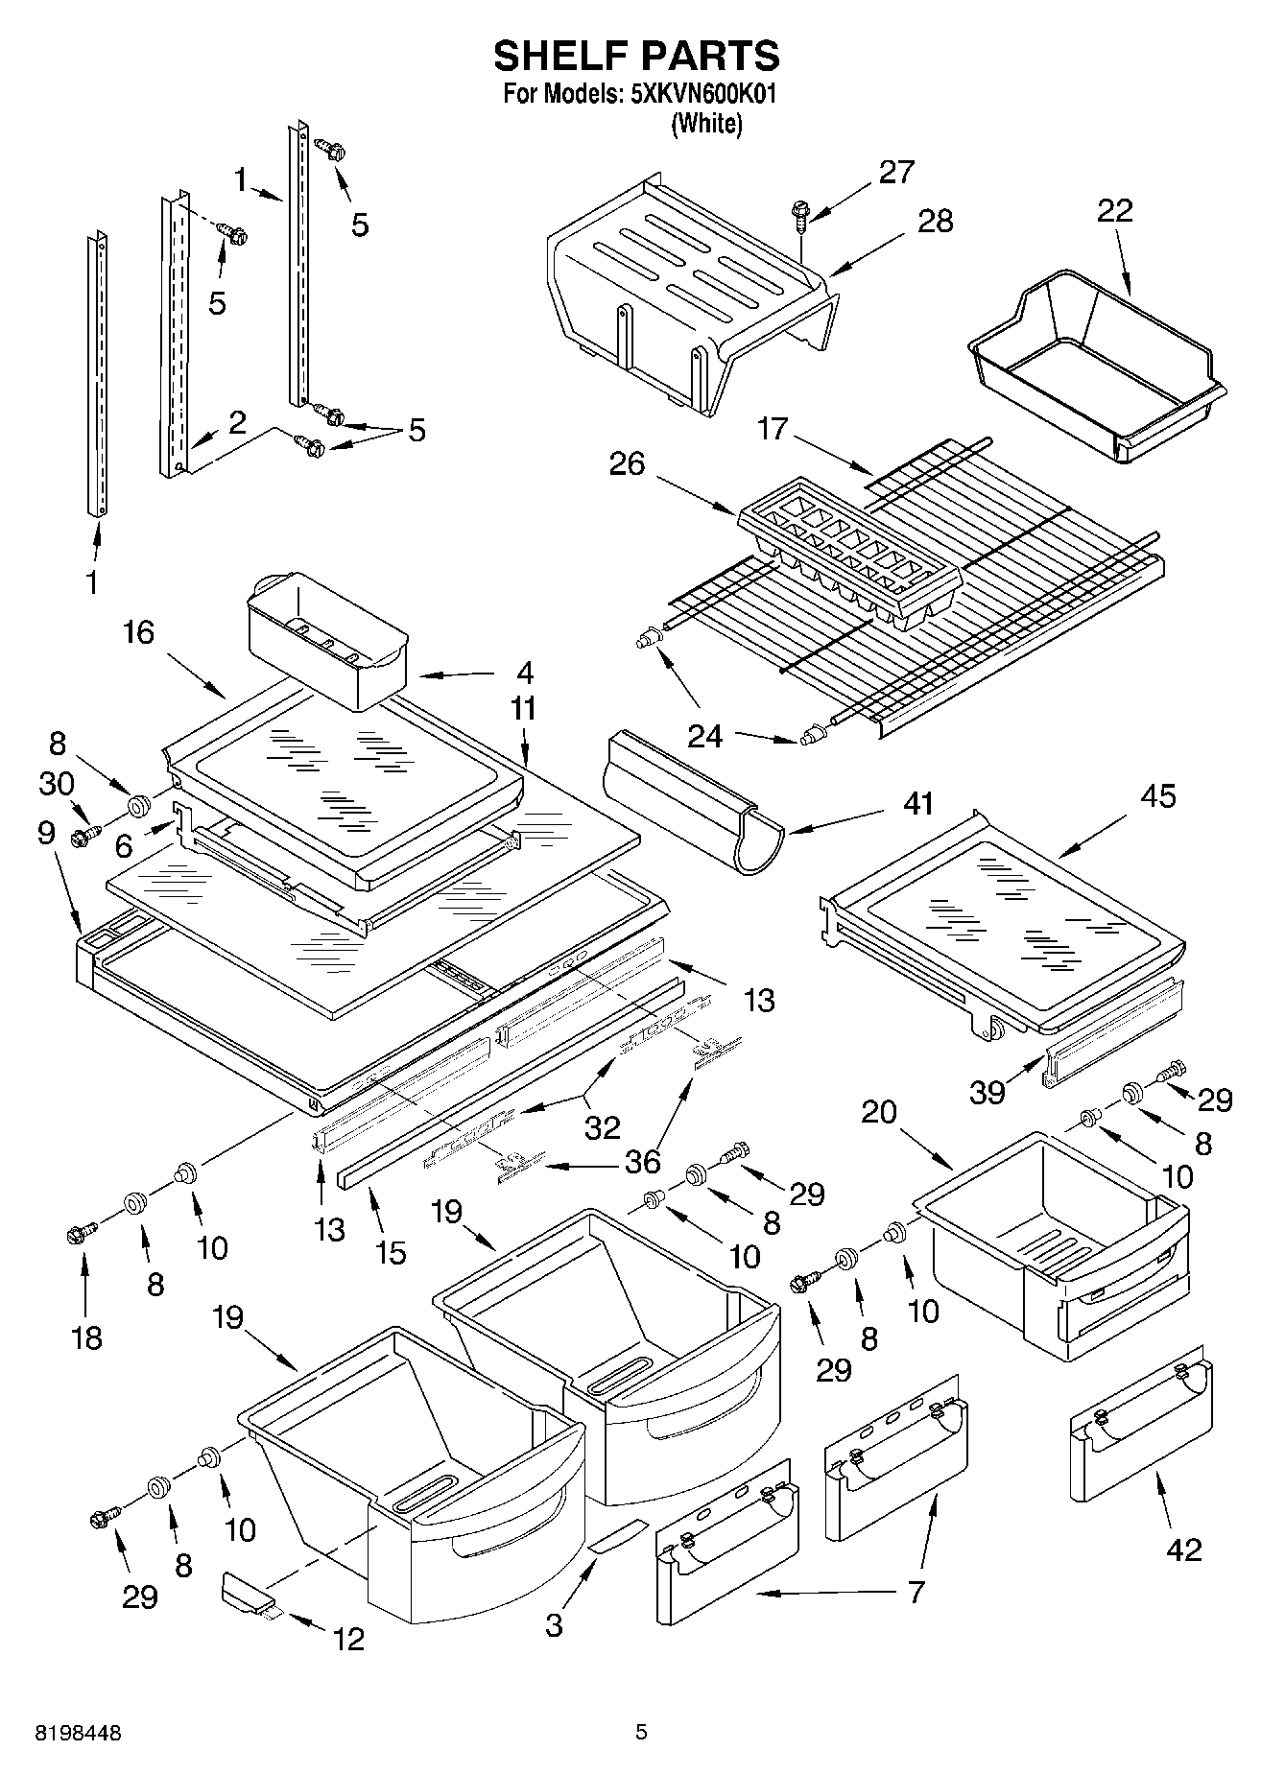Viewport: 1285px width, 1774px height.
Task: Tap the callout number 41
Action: (x=918, y=803)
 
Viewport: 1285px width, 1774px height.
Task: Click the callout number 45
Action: (x=1158, y=795)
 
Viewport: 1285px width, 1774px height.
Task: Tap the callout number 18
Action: (x=86, y=1336)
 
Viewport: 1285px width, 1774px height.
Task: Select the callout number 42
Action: (x=1183, y=1549)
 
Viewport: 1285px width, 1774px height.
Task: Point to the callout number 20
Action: (x=878, y=1112)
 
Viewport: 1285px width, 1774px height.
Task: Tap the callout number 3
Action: (x=554, y=1624)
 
